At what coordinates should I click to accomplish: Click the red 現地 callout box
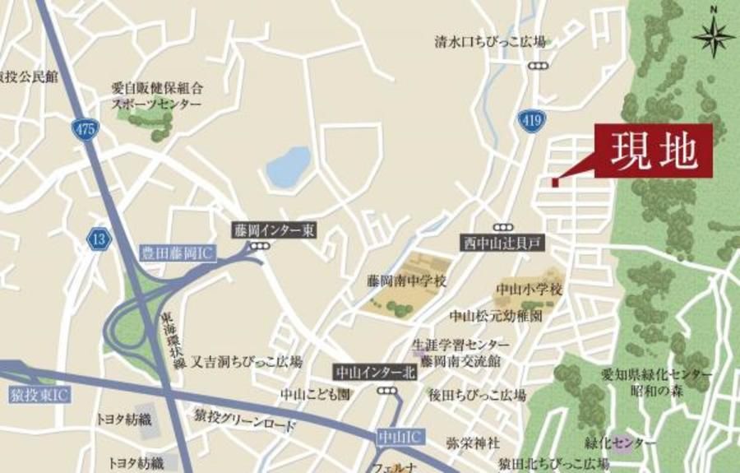pyautogui.click(x=654, y=151)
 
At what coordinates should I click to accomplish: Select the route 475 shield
pyautogui.click(x=83, y=129)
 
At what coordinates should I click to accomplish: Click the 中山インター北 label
pyautogui.click(x=377, y=372)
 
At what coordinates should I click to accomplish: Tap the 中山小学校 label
pyautogui.click(x=529, y=289)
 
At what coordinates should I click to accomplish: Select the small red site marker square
pyautogui.click(x=555, y=183)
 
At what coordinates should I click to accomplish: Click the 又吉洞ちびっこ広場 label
pyautogui.click(x=247, y=361)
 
